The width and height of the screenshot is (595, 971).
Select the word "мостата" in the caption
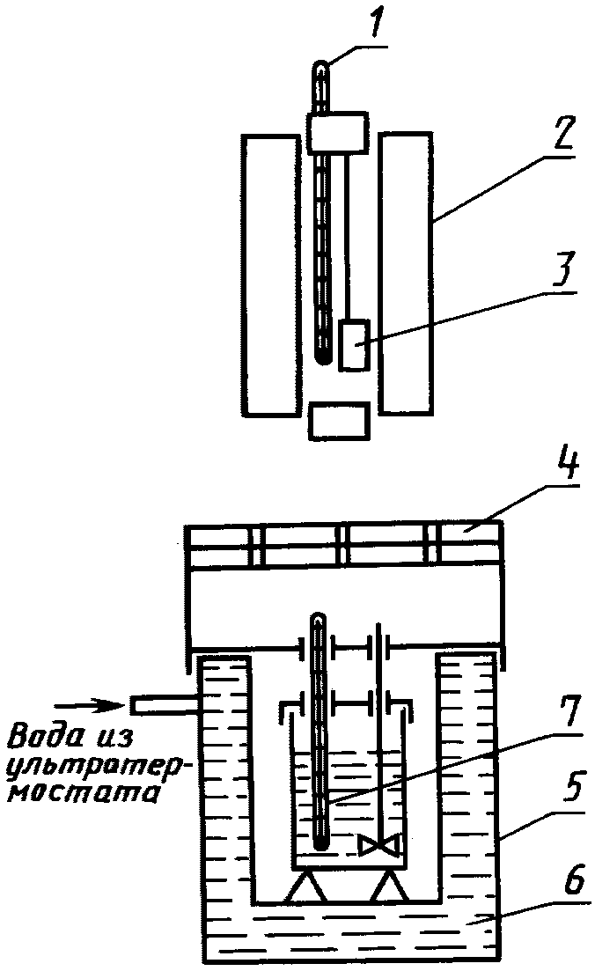82,792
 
